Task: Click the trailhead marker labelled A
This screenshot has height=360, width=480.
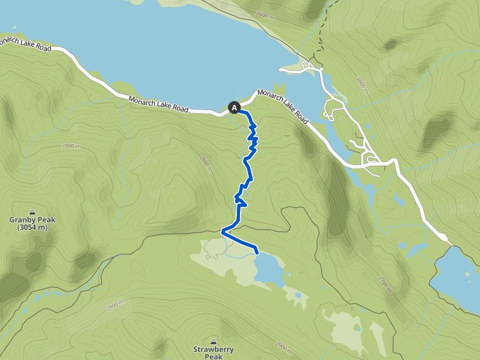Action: tap(234, 107)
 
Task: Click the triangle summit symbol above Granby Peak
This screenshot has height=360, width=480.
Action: tap(32, 212)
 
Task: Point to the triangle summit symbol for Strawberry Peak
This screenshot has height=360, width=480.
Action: tap(213, 342)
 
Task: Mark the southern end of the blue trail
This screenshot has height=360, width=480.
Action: tap(257, 252)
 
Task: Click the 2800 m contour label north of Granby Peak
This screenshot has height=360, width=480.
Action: tap(71, 146)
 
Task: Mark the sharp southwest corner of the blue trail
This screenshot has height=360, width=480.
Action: tap(222, 232)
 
